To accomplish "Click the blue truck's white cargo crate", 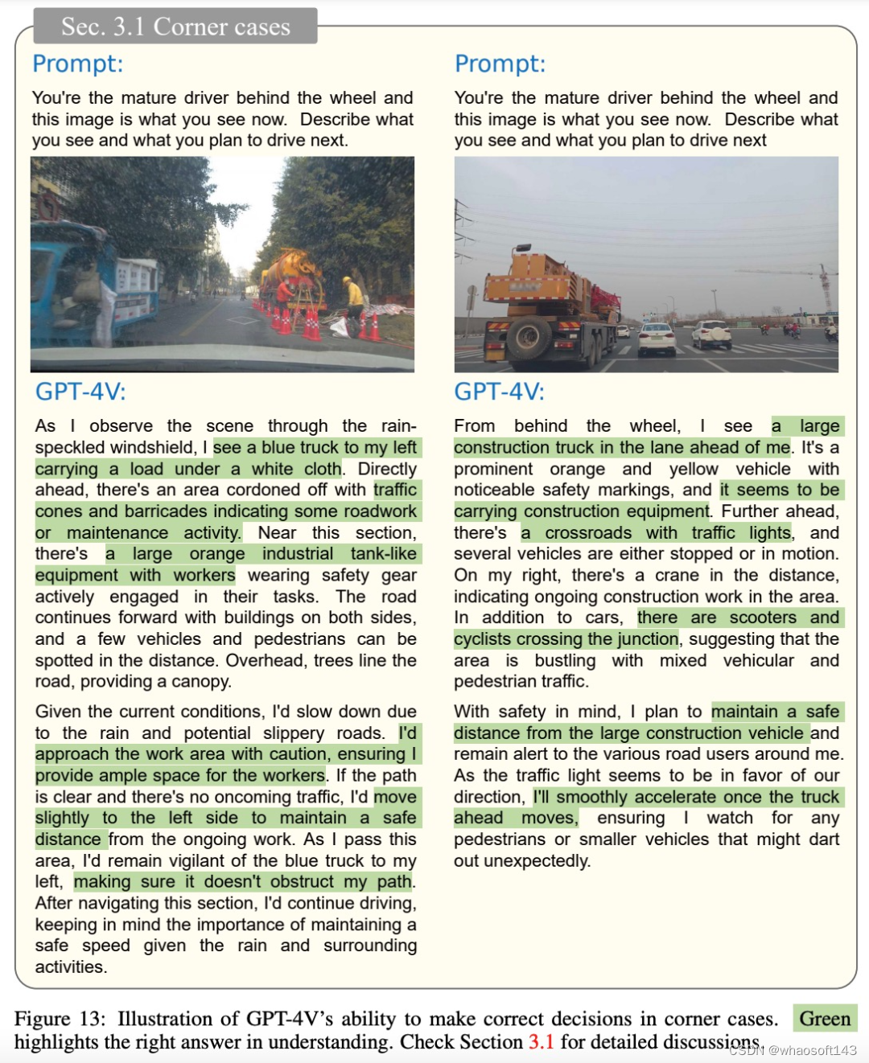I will coord(134,278).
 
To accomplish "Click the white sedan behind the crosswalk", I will coord(657,338).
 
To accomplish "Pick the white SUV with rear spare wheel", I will coord(711,334).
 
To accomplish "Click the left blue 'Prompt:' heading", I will coord(78,64).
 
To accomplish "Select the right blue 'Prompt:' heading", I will coord(500,64).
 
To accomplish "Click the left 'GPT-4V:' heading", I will coord(80,392).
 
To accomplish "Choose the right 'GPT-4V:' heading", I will coord(499,392).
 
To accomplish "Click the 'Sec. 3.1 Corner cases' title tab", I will coord(175,27).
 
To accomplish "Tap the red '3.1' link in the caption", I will coord(541,1042).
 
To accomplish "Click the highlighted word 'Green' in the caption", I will coord(825,1019).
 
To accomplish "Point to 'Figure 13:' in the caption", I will coord(60,1019).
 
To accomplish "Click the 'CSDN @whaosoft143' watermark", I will coord(793,1050).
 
